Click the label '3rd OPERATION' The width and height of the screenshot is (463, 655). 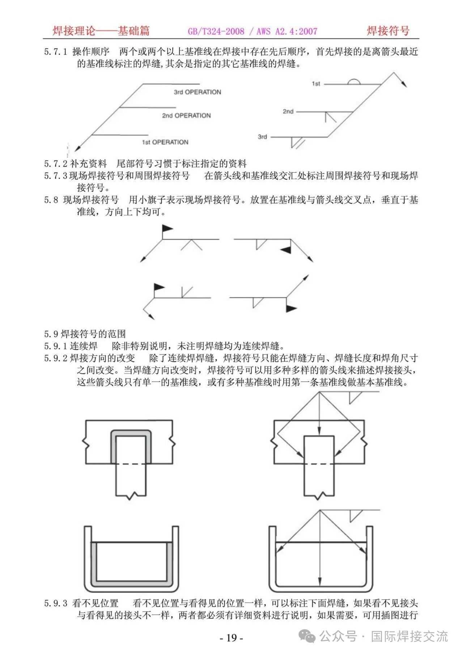pos(197,92)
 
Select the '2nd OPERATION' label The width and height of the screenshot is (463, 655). pos(186,116)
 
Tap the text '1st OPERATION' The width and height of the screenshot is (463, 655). pos(165,142)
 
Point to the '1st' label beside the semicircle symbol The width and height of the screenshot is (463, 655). pos(316,84)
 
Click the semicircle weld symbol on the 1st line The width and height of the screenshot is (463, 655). pos(354,82)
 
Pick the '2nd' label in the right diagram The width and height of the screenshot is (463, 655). pos(288,111)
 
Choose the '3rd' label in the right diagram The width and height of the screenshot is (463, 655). pos(262,137)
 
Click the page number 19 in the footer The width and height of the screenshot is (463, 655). pos(231,638)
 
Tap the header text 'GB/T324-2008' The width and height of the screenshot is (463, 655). pos(216,31)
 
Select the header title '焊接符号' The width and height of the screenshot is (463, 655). pos(388,31)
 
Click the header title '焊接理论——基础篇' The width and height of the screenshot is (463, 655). pos(101,31)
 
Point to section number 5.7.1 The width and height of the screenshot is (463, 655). pos(56,52)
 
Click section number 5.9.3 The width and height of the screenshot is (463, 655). pos(56,603)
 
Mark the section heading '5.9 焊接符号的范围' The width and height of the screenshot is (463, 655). pos(85,333)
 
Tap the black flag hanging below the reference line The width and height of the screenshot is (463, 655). pos(292,308)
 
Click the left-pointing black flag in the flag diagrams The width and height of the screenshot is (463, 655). pos(285,249)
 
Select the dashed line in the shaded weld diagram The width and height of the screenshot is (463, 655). pos(131,464)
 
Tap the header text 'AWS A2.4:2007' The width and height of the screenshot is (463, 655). pos(287,31)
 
